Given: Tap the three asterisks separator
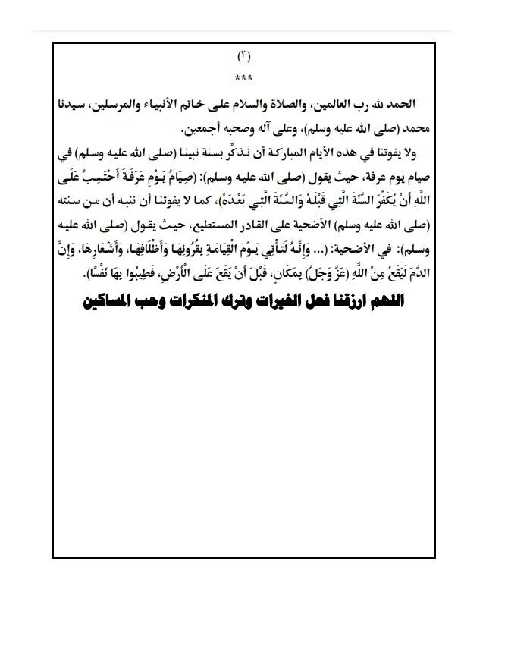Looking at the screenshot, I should click(244, 78).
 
